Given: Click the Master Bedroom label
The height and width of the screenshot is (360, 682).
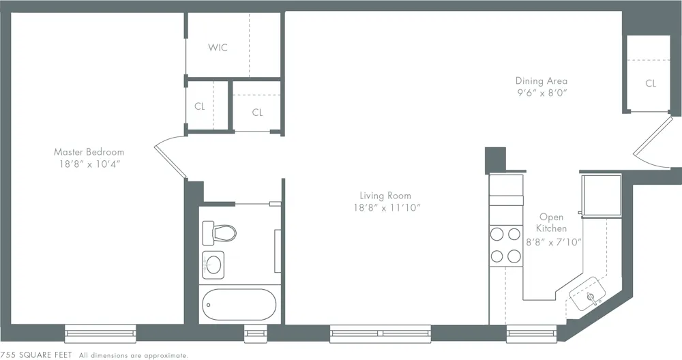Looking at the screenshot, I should [x=89, y=151].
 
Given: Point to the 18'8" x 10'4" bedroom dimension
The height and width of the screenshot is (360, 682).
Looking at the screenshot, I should [x=89, y=164].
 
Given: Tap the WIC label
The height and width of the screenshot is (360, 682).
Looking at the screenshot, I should [x=218, y=48].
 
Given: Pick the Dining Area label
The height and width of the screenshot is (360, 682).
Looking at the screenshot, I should [x=541, y=80].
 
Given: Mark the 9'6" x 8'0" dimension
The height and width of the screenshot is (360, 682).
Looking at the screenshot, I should [x=541, y=92].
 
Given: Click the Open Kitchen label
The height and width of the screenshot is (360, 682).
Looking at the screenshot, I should [x=551, y=223].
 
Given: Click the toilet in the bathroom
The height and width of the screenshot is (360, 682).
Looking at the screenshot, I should [x=220, y=232].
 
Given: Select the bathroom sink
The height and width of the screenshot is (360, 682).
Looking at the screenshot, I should [x=213, y=265].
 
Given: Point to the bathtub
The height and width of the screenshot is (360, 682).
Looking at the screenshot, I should [x=238, y=304].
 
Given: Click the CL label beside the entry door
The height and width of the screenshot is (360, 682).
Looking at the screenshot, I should [x=651, y=84].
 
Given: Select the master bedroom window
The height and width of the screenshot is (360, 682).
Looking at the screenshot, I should [x=100, y=333].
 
